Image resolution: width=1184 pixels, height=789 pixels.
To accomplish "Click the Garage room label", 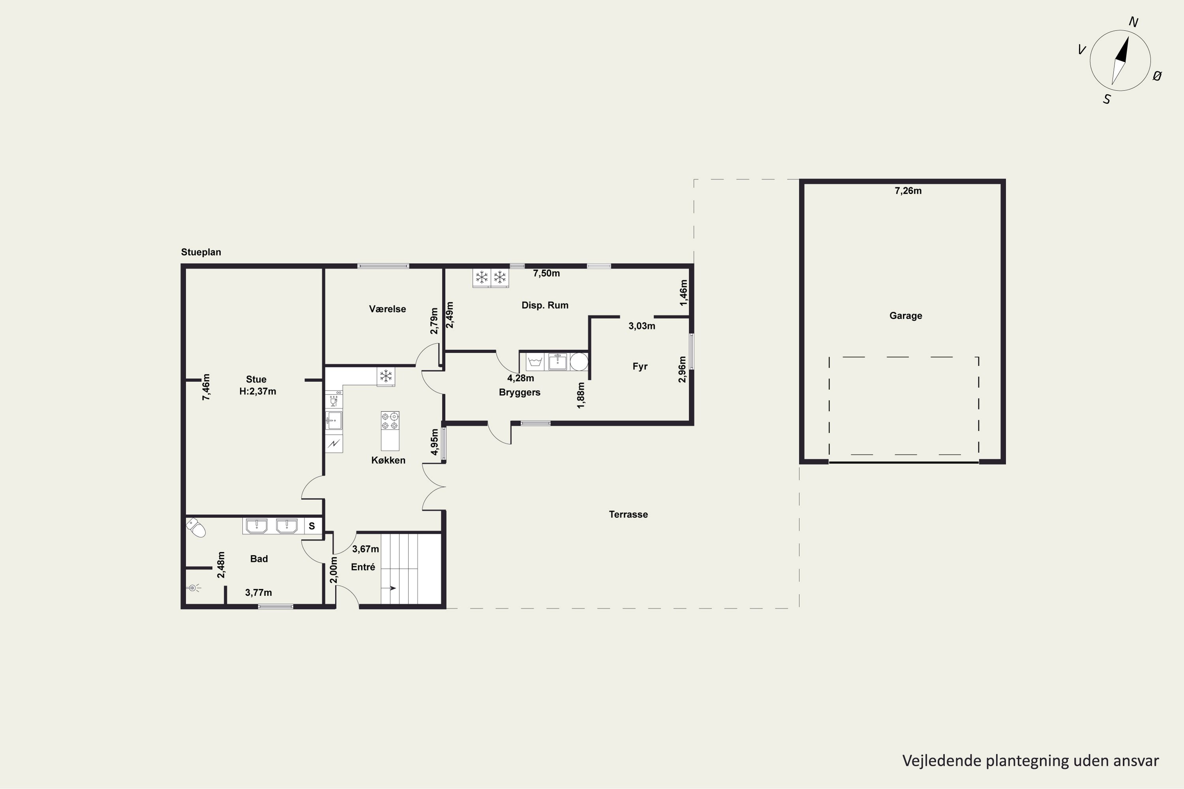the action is (x=906, y=316).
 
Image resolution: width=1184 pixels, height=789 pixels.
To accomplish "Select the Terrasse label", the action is (x=628, y=514).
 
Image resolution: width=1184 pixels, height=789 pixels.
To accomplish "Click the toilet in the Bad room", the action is (x=196, y=528).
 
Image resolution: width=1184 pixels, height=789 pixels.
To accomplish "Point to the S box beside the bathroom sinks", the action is (x=312, y=526).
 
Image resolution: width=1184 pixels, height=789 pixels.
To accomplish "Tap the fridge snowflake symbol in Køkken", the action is (x=386, y=376).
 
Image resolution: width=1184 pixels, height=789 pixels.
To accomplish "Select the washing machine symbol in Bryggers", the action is (x=535, y=362).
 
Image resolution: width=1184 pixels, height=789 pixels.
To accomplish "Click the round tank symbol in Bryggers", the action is (x=579, y=362).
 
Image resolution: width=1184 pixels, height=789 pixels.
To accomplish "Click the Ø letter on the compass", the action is (x=1157, y=76).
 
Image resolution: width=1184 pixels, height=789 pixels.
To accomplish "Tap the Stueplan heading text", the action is (x=201, y=252).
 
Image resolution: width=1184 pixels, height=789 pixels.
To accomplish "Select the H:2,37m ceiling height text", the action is (x=258, y=391).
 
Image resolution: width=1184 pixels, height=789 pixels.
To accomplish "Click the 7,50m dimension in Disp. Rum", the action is (x=547, y=274).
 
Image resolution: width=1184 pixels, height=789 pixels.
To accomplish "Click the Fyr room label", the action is (x=640, y=366).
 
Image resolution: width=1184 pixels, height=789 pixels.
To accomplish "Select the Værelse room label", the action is (x=387, y=309).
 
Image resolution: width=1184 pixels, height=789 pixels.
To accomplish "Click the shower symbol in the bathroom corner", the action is (x=193, y=588).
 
